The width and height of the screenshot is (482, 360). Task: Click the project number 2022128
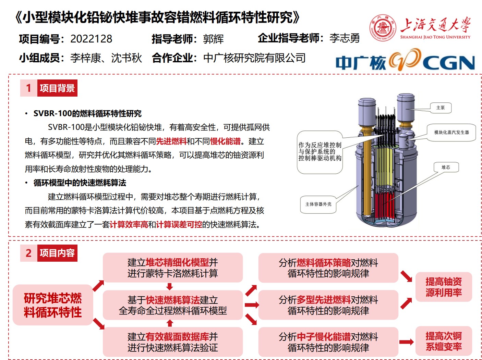[91, 39]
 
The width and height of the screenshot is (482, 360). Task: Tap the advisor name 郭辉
[213, 39]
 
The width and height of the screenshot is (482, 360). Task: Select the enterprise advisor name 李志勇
[344, 38]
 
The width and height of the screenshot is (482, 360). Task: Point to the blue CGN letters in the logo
[449, 63]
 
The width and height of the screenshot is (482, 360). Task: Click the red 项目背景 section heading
[57, 88]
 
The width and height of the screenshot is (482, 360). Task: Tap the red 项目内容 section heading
[57, 253]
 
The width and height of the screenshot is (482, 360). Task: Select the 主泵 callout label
[441, 108]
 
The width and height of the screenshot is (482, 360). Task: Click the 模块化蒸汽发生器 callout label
[451, 132]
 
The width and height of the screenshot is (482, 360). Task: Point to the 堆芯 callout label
[446, 167]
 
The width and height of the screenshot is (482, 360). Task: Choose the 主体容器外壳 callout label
[318, 204]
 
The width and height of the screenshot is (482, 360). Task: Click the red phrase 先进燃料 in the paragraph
[171, 141]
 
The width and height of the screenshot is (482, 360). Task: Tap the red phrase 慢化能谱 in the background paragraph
[225, 141]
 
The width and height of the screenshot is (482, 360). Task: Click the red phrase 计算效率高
[129, 224]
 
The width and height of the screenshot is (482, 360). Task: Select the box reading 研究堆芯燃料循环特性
[53, 305]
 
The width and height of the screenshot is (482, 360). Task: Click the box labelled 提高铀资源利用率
[444, 287]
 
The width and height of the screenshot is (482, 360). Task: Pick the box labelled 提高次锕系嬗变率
[444, 341]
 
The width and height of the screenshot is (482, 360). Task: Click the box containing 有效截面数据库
[173, 342]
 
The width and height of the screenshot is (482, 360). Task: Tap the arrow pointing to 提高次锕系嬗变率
[406, 342]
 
